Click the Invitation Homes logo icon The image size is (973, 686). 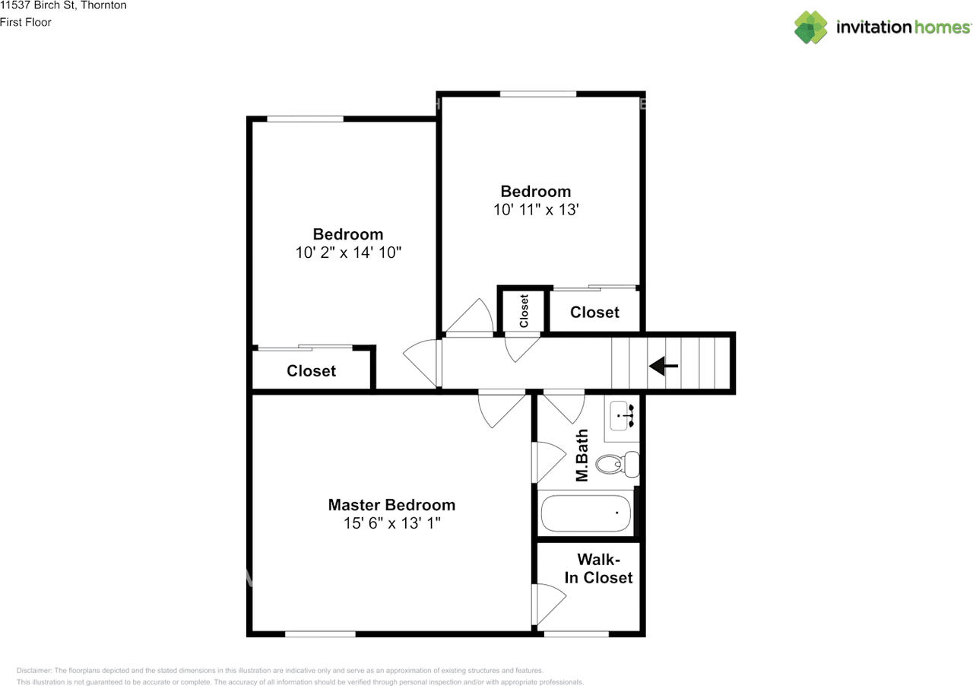click(811, 27)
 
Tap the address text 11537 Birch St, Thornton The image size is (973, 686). click(63, 5)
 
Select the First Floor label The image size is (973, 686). click(26, 22)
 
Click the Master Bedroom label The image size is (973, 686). click(391, 505)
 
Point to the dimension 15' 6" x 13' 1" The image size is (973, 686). click(391, 523)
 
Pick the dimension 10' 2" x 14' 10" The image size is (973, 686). click(348, 252)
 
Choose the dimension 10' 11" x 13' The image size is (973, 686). click(536, 209)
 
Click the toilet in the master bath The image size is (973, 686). click(617, 463)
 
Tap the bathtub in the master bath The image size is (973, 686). click(585, 513)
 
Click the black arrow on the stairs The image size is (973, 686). click(663, 367)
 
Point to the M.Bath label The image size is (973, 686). click(582, 456)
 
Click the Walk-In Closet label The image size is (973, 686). click(598, 570)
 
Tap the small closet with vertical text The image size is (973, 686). click(523, 310)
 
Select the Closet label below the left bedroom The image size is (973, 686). click(311, 371)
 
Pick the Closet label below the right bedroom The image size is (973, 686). click(594, 313)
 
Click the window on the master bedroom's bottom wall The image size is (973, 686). click(320, 633)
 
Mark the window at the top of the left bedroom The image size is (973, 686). click(305, 119)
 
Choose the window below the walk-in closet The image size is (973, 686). click(576, 633)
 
